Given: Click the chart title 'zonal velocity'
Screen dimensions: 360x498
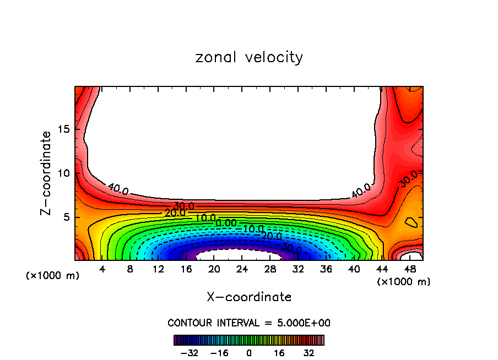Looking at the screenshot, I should tap(249, 57).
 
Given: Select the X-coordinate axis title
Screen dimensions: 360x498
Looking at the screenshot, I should tap(249, 297).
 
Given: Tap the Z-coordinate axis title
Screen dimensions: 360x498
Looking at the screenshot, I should tap(46, 173).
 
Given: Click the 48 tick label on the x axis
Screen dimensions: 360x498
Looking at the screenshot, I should tap(410, 269).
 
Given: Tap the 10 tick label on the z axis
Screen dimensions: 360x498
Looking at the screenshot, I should tap(62, 173).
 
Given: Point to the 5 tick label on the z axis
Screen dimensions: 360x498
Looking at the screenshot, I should tap(65, 217).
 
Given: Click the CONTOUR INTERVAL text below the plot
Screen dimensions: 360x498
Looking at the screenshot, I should tap(249, 323).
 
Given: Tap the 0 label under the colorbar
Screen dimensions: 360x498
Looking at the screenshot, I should tap(249, 353).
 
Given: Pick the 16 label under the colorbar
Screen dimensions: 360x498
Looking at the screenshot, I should tap(279, 353).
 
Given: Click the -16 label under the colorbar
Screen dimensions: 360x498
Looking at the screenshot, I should tap(219, 353).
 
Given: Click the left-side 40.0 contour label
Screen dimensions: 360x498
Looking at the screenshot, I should tap(118, 189).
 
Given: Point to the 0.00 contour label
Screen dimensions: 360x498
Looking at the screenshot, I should tap(226, 222).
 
